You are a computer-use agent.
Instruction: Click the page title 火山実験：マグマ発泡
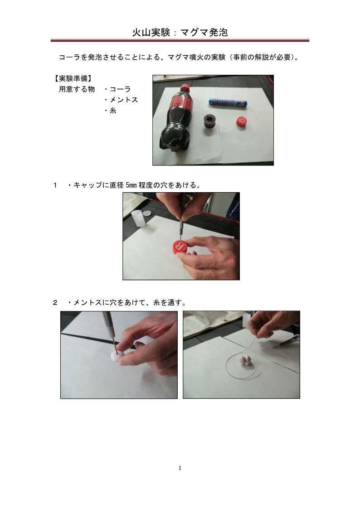point(180,33)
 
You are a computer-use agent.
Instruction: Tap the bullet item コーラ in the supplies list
point(117,89)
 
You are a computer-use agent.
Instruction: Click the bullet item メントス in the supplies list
point(121,100)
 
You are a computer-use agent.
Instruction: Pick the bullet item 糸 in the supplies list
point(110,111)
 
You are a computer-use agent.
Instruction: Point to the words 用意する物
point(77,89)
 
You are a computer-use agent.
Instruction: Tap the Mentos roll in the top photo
point(228,102)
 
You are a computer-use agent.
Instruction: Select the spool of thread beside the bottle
point(211,124)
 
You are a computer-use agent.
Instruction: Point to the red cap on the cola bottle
point(186,87)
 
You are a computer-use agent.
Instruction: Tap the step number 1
point(55,185)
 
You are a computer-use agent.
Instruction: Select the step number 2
point(55,302)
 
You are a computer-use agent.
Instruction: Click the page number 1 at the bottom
point(180,468)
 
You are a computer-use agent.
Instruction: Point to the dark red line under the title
point(180,41)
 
